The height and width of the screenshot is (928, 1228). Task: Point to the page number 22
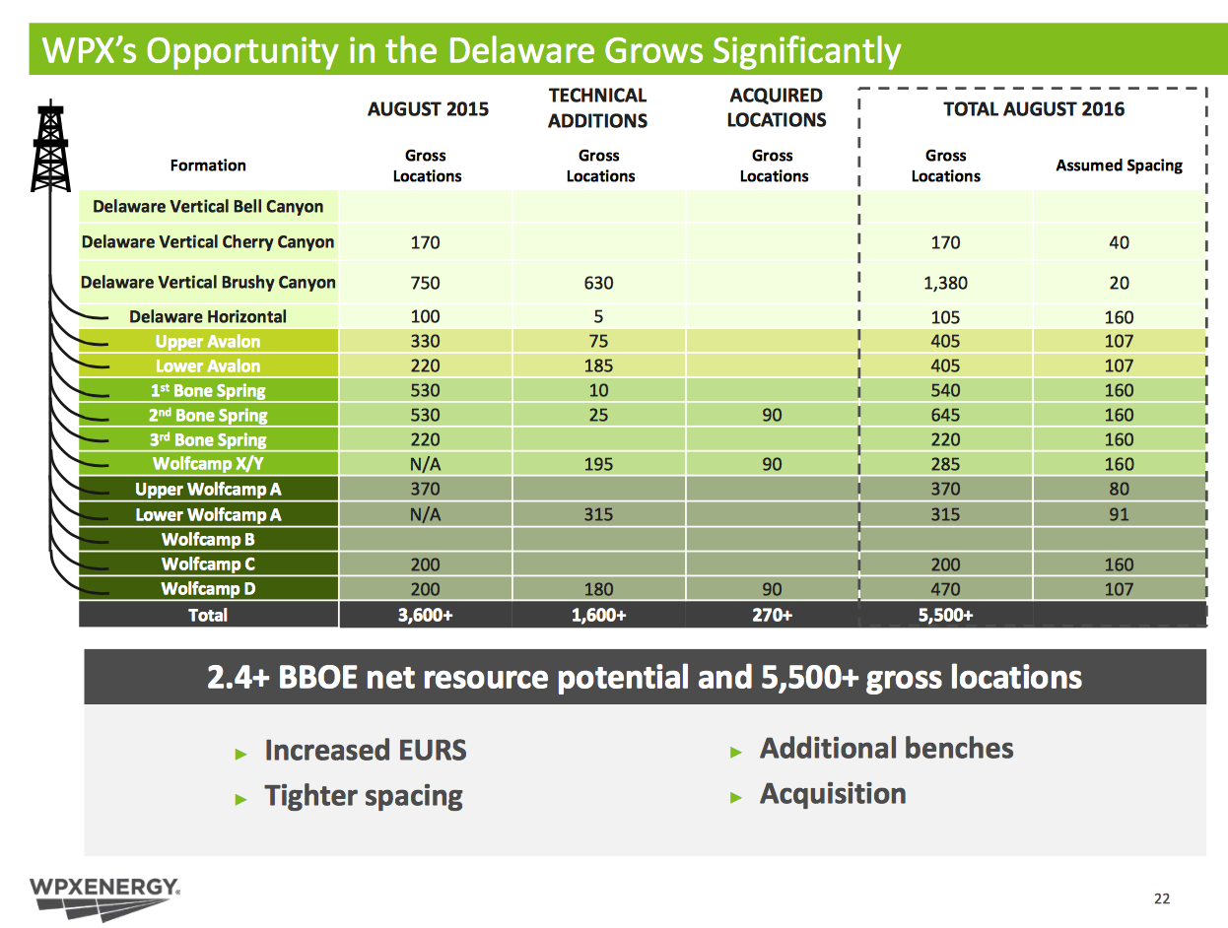tap(1162, 898)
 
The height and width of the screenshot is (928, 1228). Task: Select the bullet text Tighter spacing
tap(363, 796)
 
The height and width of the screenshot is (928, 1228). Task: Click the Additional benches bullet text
tap(886, 749)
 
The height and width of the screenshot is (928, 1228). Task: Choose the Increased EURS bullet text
tap(365, 751)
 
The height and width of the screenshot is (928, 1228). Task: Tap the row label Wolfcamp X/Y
tap(208, 464)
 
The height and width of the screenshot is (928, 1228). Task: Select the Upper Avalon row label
tap(208, 342)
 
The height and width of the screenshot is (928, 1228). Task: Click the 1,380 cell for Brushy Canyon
tap(945, 283)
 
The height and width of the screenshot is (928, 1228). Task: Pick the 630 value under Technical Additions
tap(598, 283)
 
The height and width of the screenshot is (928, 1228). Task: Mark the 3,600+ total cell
tap(426, 616)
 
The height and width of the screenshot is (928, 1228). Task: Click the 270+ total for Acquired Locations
tap(772, 616)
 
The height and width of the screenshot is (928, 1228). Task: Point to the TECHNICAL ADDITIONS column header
tap(598, 108)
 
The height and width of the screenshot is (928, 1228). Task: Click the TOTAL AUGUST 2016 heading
tap(1034, 109)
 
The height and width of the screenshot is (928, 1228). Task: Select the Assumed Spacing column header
tap(1119, 166)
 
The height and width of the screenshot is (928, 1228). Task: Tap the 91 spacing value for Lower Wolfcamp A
tap(1119, 514)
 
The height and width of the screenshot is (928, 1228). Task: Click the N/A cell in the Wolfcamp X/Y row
tap(426, 464)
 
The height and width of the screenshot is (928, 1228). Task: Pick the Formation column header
tap(208, 166)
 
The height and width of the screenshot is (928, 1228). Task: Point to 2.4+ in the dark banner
tap(242, 678)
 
